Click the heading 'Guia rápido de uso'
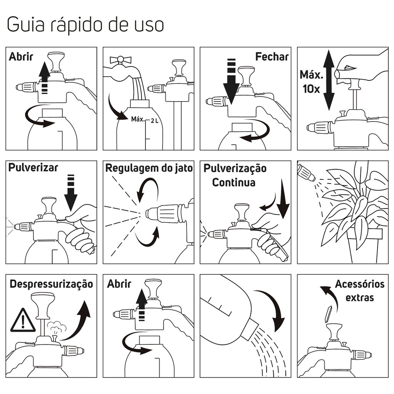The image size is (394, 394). [85, 25]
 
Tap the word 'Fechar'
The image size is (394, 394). [272, 57]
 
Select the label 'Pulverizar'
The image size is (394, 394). [33, 167]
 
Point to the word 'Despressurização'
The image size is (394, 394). [51, 284]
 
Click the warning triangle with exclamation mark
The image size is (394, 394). [23, 321]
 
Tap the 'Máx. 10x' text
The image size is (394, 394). [311, 81]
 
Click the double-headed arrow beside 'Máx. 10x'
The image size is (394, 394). [328, 80]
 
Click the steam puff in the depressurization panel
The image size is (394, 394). [57, 328]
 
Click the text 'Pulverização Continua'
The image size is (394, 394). [234, 175]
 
